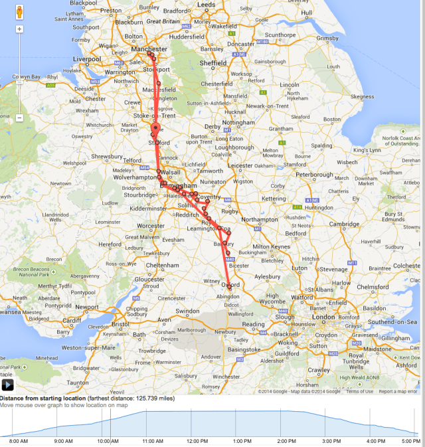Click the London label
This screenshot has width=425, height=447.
pyautogui.click(x=325, y=317)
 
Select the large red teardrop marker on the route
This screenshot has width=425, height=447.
pyautogui.click(x=155, y=128)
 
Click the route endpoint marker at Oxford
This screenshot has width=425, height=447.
pyautogui.click(x=229, y=286)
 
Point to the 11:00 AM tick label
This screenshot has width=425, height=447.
pyautogui.click(x=153, y=440)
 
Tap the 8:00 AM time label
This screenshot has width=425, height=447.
pyautogui.click(x=19, y=440)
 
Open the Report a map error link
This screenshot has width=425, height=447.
pyautogui.click(x=398, y=391)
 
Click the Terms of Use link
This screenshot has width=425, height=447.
pyautogui.click(x=359, y=391)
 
